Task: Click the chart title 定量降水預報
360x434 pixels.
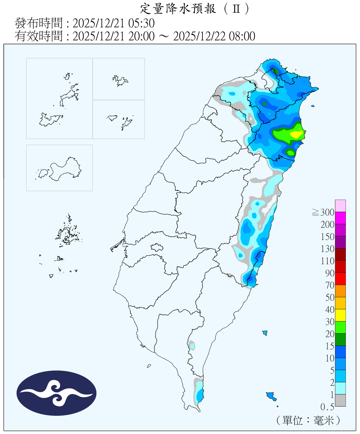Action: pyautogui.click(x=178, y=9)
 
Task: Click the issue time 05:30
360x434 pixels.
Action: pyautogui.click(x=143, y=23)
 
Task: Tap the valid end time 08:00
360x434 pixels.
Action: pyautogui.click(x=242, y=36)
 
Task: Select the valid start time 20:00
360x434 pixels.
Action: pyautogui.click(x=142, y=36)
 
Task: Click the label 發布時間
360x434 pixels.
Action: pyautogui.click(x=38, y=23)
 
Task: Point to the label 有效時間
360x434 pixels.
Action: pyautogui.click(x=38, y=36)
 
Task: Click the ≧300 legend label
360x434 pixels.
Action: pyautogui.click(x=323, y=212)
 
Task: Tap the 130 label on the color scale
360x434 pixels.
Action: pyautogui.click(x=327, y=249)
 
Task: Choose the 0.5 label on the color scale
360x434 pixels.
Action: pyautogui.click(x=327, y=407)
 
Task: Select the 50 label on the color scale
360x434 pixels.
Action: pyautogui.click(x=330, y=297)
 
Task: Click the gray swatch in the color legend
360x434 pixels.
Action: pyautogui.click(x=340, y=400)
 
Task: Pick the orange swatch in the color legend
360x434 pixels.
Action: pyautogui.click(x=340, y=291)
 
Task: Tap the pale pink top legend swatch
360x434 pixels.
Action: pyautogui.click(x=340, y=206)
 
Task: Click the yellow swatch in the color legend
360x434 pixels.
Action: pyautogui.click(x=340, y=315)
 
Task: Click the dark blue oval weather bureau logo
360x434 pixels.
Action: pyautogui.click(x=56, y=393)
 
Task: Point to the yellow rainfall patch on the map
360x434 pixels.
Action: pyautogui.click(x=297, y=134)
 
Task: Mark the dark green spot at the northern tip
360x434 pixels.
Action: pyautogui.click(x=276, y=71)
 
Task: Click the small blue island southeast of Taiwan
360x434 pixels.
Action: pyautogui.click(x=271, y=396)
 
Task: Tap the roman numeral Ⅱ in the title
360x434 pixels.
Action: pyautogui.click(x=236, y=9)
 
